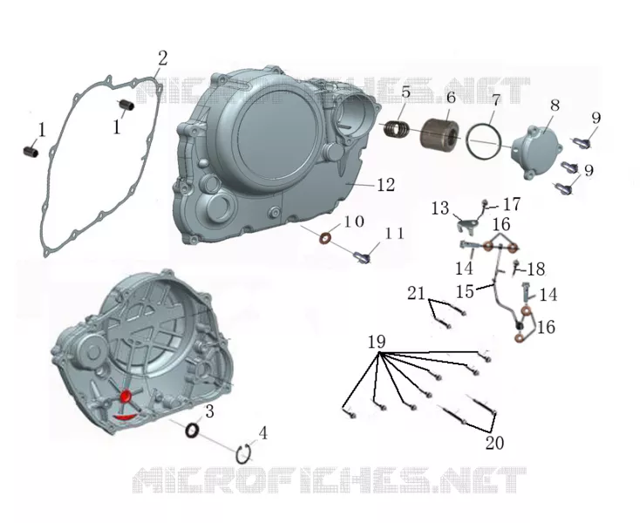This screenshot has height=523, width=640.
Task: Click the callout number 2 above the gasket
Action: pyautogui.click(x=162, y=58)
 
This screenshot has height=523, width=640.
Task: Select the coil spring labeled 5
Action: pyautogui.click(x=397, y=129)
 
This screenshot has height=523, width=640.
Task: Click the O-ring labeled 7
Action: pyautogui.click(x=484, y=140)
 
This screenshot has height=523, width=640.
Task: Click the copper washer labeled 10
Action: pyautogui.click(x=326, y=237)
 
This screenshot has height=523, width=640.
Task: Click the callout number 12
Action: pyautogui.click(x=385, y=185)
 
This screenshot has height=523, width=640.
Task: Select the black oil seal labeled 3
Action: pyautogui.click(x=192, y=430)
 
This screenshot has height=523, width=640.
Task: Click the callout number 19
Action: pyautogui.click(x=377, y=342)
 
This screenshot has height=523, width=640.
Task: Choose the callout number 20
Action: pyautogui.click(x=494, y=443)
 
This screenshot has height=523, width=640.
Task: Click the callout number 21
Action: pyautogui.click(x=416, y=294)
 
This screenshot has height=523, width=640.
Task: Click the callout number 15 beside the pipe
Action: pyautogui.click(x=465, y=291)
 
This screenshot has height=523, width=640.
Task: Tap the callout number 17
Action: pyautogui.click(x=512, y=204)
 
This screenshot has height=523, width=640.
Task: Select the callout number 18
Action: pyautogui.click(x=536, y=269)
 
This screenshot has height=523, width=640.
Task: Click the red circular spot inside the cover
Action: pyautogui.click(x=126, y=396)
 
